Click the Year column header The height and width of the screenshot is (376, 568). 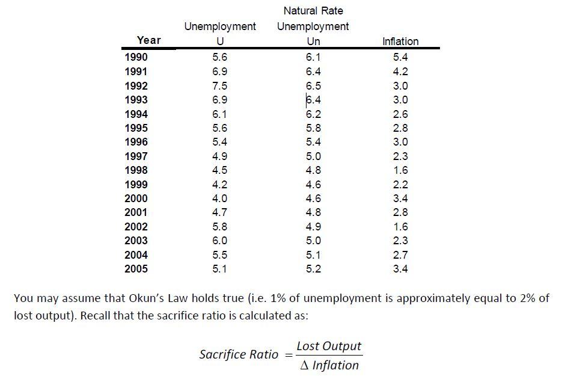(x=148, y=40)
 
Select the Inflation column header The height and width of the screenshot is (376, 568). (x=400, y=42)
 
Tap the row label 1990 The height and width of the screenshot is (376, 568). (x=136, y=57)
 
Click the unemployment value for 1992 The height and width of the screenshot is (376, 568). (x=220, y=85)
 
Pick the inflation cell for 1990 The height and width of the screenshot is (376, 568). (x=400, y=57)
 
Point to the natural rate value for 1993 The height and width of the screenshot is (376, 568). (x=313, y=99)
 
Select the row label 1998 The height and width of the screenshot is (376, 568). (x=136, y=170)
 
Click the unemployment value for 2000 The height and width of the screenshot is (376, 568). (x=220, y=199)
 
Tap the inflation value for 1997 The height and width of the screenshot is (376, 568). (x=400, y=156)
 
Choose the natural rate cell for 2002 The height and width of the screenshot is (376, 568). (x=313, y=227)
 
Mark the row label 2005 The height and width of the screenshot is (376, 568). (x=136, y=269)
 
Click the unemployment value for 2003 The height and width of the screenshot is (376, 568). (x=220, y=241)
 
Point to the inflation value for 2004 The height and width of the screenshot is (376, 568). (x=400, y=255)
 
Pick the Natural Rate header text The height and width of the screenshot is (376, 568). (x=313, y=11)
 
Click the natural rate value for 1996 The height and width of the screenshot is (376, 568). (x=313, y=142)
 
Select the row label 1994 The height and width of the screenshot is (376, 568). (x=136, y=114)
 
